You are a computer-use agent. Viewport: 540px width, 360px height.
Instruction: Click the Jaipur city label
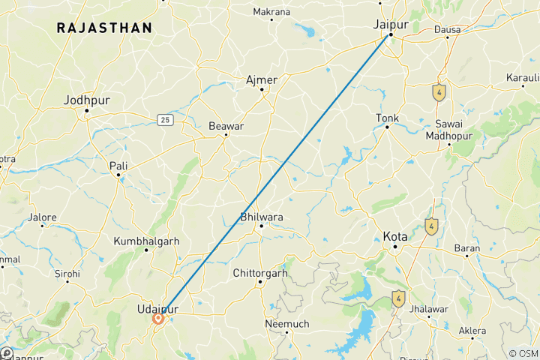click(x=390, y=24)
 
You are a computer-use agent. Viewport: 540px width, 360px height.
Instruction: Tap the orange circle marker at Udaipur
click(x=159, y=319)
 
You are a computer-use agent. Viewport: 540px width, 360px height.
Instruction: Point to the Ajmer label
click(x=262, y=79)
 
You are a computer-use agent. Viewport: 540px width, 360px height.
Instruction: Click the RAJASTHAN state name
click(x=104, y=28)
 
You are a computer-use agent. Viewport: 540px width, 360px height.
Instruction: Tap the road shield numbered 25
click(x=165, y=119)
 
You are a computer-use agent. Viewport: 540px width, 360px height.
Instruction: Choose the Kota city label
click(x=395, y=236)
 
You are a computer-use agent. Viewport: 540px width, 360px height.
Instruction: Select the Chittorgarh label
click(x=260, y=273)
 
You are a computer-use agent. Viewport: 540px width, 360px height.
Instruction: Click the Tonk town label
click(x=387, y=118)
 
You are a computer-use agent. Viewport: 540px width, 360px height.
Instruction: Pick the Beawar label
click(x=226, y=126)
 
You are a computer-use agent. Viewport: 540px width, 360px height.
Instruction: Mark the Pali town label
click(x=118, y=166)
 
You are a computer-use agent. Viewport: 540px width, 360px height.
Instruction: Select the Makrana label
click(x=271, y=12)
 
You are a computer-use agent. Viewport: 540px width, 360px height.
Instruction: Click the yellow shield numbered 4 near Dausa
click(x=439, y=92)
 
